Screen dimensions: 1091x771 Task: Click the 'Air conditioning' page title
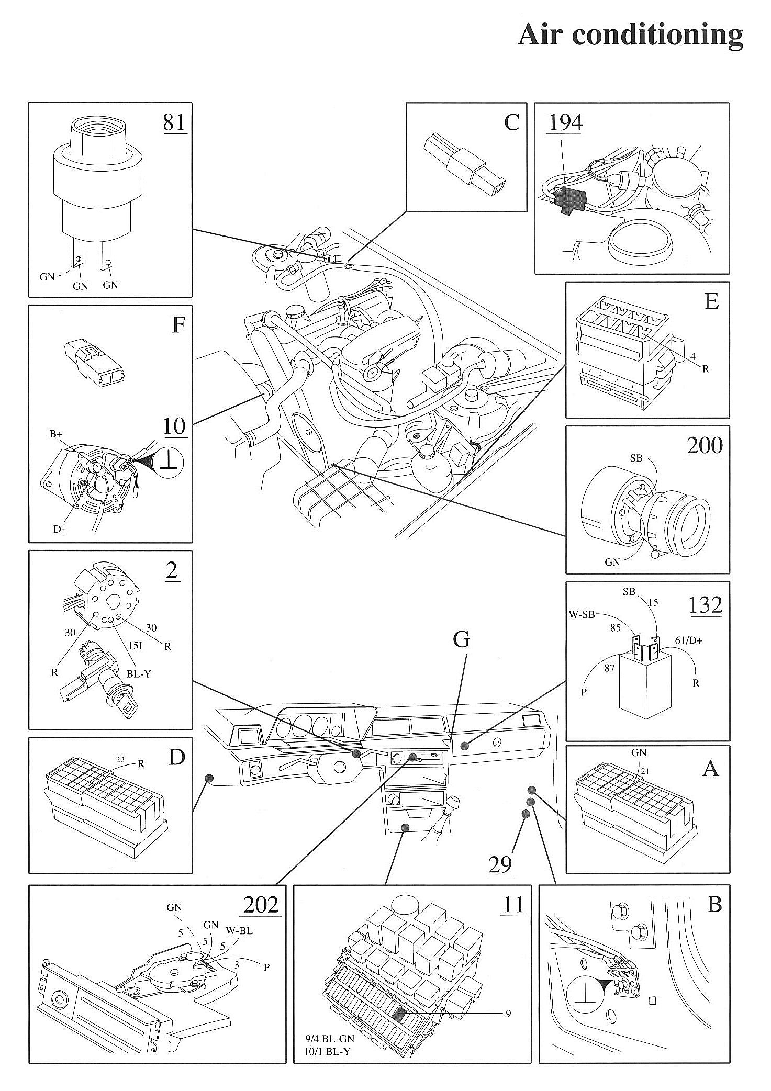(630, 35)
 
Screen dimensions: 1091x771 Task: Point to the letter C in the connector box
(511, 122)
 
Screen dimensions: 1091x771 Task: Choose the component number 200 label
(705, 445)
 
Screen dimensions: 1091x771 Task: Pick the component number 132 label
(706, 605)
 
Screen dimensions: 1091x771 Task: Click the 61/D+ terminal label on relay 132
(689, 640)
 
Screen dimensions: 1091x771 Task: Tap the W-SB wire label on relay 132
(582, 614)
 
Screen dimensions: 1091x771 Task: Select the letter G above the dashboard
(461, 640)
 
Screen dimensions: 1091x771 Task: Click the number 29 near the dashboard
(500, 864)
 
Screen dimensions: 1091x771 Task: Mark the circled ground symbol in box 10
(173, 462)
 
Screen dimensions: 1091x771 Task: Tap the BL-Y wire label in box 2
(139, 674)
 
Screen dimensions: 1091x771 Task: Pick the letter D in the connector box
(177, 757)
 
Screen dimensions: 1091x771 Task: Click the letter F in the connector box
(178, 325)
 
